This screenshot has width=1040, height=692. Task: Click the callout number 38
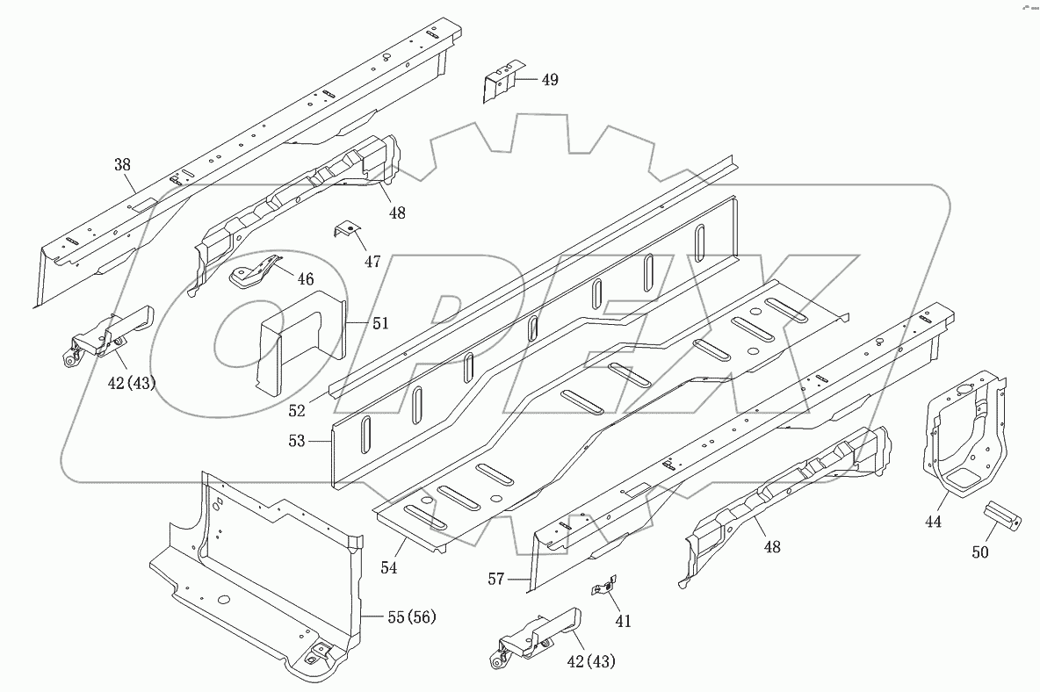tap(123, 164)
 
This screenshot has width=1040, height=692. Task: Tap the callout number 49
tap(550, 80)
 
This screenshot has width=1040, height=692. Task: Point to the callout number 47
tap(372, 262)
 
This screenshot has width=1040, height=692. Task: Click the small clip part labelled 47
tap(346, 231)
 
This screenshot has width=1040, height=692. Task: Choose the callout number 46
tap(305, 279)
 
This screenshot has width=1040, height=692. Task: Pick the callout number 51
tap(380, 323)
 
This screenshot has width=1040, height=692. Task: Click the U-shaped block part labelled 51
tap(302, 342)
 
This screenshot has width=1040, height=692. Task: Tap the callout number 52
tap(297, 411)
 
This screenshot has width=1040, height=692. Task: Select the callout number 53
tap(297, 441)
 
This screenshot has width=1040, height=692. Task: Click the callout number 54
tap(388, 567)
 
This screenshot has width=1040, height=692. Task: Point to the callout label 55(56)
tap(412, 617)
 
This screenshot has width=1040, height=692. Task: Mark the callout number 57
tap(496, 580)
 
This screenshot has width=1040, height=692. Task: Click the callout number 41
tap(623, 621)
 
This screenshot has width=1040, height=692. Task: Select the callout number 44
tap(933, 522)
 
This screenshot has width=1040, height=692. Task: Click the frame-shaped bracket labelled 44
tap(965, 434)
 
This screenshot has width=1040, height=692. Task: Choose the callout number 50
tap(979, 551)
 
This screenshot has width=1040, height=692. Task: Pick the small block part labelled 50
tap(1002, 516)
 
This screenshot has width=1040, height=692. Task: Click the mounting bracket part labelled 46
tap(256, 270)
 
